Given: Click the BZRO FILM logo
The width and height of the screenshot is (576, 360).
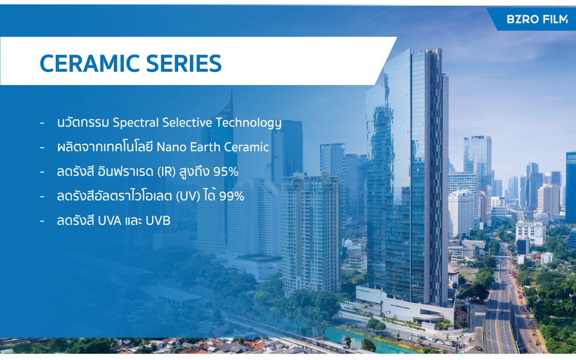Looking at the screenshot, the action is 537,19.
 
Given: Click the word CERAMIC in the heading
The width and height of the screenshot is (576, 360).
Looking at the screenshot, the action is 90,63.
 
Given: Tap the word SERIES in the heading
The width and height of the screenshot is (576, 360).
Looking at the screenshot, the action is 184,63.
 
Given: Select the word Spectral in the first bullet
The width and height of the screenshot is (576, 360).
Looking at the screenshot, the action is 135,122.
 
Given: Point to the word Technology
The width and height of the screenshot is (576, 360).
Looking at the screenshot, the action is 248,122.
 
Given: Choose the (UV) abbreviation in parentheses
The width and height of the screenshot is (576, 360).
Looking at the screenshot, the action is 188,196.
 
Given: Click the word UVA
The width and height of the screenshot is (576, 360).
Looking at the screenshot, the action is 109,221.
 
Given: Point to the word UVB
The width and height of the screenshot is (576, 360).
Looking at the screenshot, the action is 157,221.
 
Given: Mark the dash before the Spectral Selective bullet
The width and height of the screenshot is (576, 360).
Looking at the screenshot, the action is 42,123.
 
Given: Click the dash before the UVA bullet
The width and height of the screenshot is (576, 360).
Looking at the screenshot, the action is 42,221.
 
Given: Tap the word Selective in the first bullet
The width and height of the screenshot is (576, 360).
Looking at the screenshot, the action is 187,122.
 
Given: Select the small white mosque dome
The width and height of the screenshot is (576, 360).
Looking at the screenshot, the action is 348,243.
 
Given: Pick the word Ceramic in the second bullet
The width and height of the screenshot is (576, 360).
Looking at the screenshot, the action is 246,147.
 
